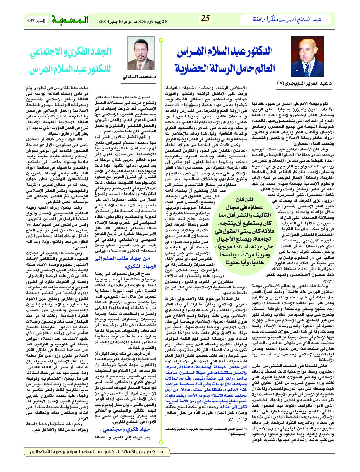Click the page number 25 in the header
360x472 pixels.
pyautogui.click(x=205, y=18)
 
